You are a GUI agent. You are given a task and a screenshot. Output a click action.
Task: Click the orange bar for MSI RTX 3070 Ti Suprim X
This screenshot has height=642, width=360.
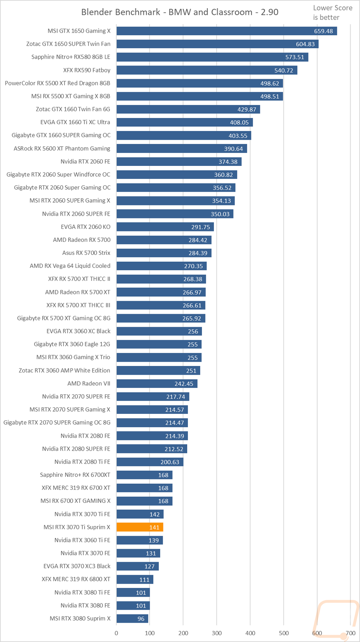[140, 527]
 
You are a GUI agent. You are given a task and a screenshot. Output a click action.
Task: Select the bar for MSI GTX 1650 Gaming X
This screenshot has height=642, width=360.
[227, 31]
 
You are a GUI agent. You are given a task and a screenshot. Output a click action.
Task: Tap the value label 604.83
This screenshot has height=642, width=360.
[305, 44]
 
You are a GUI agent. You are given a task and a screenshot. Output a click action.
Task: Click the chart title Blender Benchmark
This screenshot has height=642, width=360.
[121, 12]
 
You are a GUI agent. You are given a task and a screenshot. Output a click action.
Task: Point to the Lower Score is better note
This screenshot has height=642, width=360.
[333, 13]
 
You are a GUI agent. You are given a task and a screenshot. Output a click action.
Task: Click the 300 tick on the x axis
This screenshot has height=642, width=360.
[217, 633]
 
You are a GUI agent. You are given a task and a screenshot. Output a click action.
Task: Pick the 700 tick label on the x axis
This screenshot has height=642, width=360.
[350, 633]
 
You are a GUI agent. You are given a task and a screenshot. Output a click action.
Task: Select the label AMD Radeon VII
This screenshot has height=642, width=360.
[89, 384]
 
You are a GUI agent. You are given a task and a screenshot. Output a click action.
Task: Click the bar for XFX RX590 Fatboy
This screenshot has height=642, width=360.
[207, 70]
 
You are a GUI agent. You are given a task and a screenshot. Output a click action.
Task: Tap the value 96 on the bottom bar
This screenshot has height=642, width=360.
[141, 619]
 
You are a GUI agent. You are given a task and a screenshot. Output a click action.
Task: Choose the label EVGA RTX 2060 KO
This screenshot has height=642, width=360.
[86, 227]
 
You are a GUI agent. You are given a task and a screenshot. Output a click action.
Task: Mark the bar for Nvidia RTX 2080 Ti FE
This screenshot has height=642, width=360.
[150, 462]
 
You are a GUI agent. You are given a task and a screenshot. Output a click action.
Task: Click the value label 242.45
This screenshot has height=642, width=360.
[184, 384]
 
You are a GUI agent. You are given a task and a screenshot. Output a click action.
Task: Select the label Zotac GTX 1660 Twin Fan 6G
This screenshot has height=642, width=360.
[73, 109]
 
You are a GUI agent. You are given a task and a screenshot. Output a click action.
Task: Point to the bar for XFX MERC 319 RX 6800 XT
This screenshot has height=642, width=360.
[135, 579]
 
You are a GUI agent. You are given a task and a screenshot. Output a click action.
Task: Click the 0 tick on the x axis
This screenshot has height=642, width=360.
[116, 633]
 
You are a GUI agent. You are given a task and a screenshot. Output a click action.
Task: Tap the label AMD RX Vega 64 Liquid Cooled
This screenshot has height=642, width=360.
[70, 266]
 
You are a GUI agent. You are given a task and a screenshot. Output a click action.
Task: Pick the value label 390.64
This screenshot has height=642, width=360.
[234, 149]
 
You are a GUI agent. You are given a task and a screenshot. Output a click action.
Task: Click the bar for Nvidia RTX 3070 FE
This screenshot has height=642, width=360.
[138, 553]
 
